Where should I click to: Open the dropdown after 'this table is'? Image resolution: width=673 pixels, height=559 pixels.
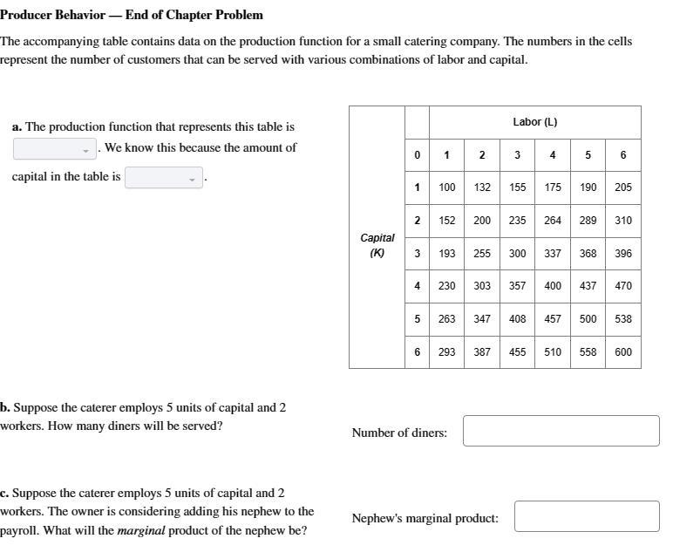pos(55,149)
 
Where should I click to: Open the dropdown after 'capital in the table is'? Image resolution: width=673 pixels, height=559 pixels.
pos(163,178)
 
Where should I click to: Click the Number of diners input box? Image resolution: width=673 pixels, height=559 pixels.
pos(561,431)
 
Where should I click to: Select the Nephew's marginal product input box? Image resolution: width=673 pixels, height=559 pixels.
pos(586,516)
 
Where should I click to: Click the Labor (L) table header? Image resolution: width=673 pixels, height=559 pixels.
pos(534,122)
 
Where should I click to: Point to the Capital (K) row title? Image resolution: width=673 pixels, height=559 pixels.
pos(377,245)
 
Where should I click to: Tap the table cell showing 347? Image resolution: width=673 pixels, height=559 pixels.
pos(482,319)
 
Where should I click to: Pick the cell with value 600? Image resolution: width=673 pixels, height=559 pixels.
pos(623,352)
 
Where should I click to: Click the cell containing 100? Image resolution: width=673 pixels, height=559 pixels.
pos(446,187)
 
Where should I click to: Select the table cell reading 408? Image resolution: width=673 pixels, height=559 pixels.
pos(518,319)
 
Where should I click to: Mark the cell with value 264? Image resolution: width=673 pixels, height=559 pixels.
pos(553,221)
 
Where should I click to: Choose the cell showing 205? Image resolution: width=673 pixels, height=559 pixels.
pos(623,187)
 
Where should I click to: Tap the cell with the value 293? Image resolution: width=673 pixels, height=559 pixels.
pos(446,352)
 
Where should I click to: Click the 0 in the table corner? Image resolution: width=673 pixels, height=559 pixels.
pos(417,155)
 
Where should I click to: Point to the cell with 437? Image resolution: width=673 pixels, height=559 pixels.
pos(588,286)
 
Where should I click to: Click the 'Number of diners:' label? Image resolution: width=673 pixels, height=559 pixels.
pos(399,433)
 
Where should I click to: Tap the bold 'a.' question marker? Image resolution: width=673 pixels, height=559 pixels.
pos(17,127)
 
